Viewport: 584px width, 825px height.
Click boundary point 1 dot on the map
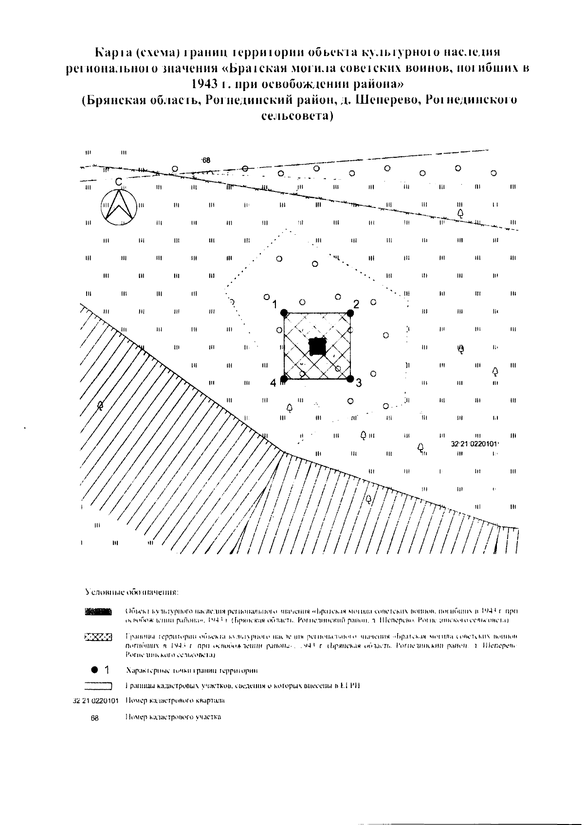285,313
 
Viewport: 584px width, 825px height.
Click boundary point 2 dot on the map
349,313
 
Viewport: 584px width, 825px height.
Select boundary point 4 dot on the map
285,378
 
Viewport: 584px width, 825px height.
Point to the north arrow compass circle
118,207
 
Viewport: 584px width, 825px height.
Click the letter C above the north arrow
118,182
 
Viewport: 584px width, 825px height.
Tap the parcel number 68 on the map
206,160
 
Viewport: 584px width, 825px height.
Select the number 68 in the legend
95,718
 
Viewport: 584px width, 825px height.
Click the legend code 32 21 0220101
95,701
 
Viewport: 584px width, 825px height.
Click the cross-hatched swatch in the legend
98,637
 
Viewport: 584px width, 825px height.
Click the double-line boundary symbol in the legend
98,686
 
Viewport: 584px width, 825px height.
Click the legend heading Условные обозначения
132,593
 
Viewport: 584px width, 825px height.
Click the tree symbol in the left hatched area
100,405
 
